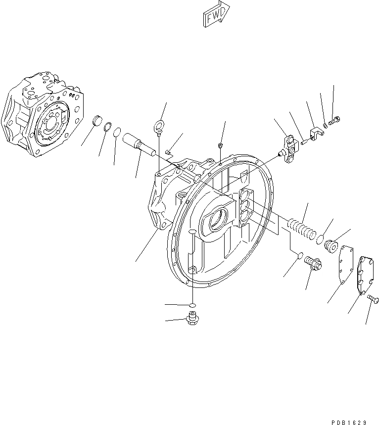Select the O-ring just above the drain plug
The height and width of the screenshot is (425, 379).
pyautogui.click(x=192, y=305)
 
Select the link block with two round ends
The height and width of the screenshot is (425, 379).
pyautogui.click(x=288, y=146)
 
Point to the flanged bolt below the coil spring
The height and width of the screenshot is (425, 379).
pyautogui.click(x=312, y=262)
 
